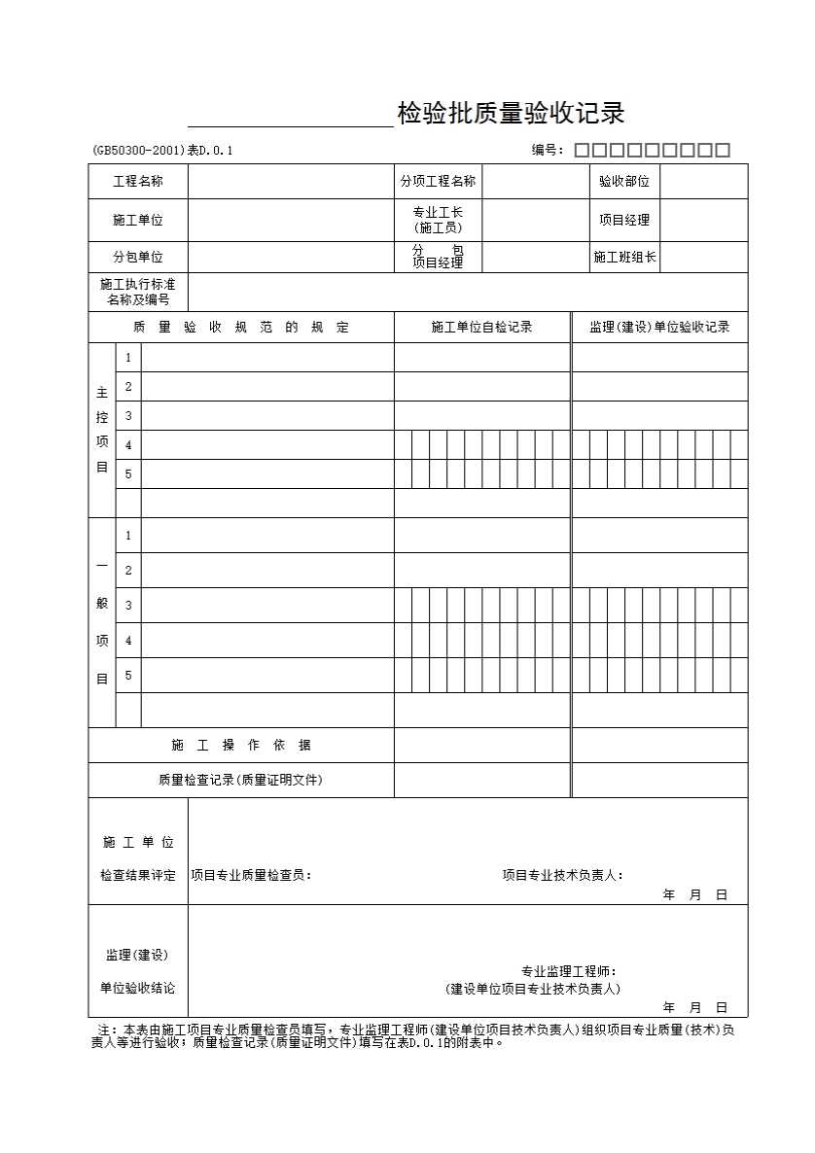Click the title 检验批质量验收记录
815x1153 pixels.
[x=511, y=115]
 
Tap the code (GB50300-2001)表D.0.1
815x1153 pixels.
[x=163, y=150]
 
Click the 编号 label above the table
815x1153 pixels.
[x=547, y=150]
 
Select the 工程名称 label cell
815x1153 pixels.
[x=138, y=181]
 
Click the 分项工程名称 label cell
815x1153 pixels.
[x=438, y=181]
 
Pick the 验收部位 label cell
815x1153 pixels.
[x=624, y=181]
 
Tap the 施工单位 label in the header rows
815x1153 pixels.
[x=138, y=220]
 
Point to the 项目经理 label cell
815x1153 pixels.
[x=624, y=220]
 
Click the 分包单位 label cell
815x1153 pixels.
[x=138, y=257]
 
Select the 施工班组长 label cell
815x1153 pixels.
[x=624, y=257]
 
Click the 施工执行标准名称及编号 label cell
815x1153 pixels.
[x=138, y=292]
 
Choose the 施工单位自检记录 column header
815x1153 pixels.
[x=481, y=327]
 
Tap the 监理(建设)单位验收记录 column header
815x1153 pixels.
[x=659, y=327]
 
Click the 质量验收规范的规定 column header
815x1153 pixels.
[x=241, y=327]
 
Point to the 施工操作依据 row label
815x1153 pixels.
[x=241, y=745]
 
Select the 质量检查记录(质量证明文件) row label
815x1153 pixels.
[x=241, y=780]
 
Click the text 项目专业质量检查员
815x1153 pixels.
[x=251, y=875]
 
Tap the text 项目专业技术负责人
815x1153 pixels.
[x=562, y=875]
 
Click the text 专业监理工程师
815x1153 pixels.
[x=568, y=971]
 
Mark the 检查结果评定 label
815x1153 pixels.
[x=138, y=875]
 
